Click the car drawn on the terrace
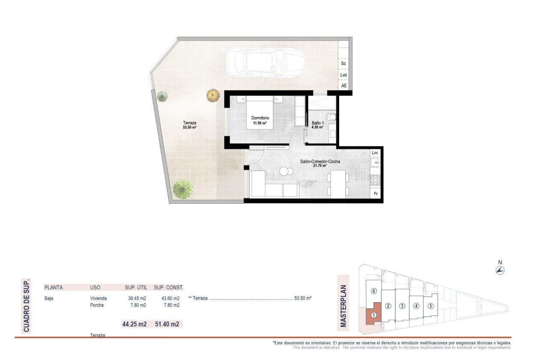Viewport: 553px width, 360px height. (x=265, y=62)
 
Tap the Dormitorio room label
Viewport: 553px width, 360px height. (x=260, y=118)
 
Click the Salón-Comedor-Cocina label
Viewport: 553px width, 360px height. (x=320, y=162)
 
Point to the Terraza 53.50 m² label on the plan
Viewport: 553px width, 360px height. (x=189, y=125)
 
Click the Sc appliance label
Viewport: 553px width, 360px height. (x=343, y=63)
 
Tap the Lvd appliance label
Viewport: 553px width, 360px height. (x=343, y=75)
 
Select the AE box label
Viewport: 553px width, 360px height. (x=343, y=86)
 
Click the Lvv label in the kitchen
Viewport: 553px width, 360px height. (x=375, y=153)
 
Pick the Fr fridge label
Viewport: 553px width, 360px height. (x=375, y=194)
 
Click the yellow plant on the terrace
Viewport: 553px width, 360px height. (x=213, y=95)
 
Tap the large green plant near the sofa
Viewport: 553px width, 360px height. (x=183, y=189)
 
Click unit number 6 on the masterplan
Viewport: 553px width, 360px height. (x=374, y=291)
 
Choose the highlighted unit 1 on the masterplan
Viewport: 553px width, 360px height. (x=373, y=315)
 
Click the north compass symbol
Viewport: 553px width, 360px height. (x=500, y=270)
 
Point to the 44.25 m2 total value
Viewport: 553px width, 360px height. (x=135, y=324)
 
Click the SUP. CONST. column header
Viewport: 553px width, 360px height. (x=168, y=288)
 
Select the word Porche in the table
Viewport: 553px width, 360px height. (x=97, y=305)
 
